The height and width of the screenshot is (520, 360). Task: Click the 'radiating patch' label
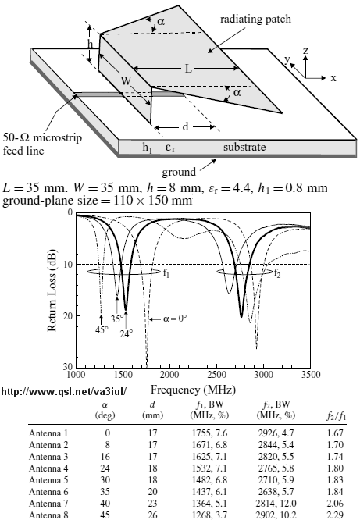pyautogui.click(x=255, y=20)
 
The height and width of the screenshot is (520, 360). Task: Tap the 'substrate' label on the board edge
pyautogui.click(x=244, y=147)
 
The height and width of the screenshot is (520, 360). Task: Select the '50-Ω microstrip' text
pyautogui.click(x=42, y=137)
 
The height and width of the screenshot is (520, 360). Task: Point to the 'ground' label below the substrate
pyautogui.click(x=179, y=172)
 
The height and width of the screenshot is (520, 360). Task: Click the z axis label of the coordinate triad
pyautogui.click(x=305, y=51)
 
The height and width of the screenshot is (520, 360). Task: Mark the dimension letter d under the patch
pyautogui.click(x=185, y=126)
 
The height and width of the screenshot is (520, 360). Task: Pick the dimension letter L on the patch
pyautogui.click(x=188, y=69)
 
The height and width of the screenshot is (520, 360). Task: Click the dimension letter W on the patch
pyautogui.click(x=126, y=80)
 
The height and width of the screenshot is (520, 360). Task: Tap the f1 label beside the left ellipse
pyautogui.click(x=166, y=273)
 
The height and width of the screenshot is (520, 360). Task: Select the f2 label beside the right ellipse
pyautogui.click(x=277, y=273)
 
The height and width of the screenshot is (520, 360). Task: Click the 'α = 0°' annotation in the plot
pyautogui.click(x=175, y=319)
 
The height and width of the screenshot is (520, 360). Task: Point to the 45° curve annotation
pyautogui.click(x=102, y=330)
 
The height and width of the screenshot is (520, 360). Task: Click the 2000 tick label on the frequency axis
pyautogui.click(x=170, y=375)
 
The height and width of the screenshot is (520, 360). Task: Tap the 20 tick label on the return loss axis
pyautogui.click(x=68, y=315)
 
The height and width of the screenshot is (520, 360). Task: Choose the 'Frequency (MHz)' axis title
pyautogui.click(x=193, y=390)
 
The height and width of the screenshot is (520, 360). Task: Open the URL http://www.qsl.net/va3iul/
pyautogui.click(x=64, y=392)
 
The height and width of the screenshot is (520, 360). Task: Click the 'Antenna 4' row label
pyautogui.click(x=48, y=468)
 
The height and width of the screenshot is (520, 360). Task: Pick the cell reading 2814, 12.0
pyautogui.click(x=276, y=504)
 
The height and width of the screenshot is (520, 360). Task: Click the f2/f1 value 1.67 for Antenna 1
pyautogui.click(x=335, y=433)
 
